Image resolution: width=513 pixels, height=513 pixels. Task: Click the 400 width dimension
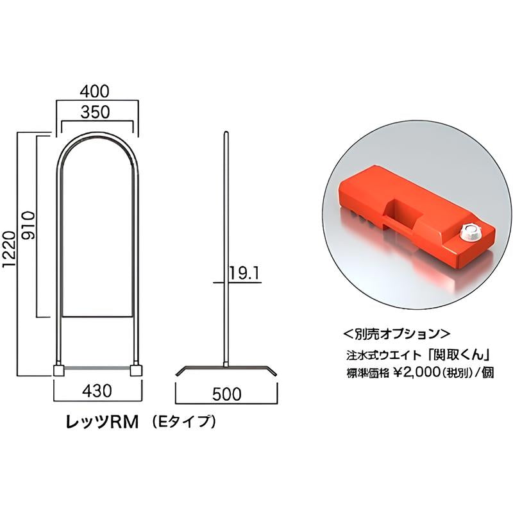click(97, 91)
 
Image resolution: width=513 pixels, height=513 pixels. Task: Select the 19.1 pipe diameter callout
click(243, 274)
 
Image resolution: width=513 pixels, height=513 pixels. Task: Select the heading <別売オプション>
click(397, 334)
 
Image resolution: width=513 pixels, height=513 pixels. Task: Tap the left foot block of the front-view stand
click(58, 370)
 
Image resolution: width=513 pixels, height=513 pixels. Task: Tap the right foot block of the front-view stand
click(136, 370)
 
